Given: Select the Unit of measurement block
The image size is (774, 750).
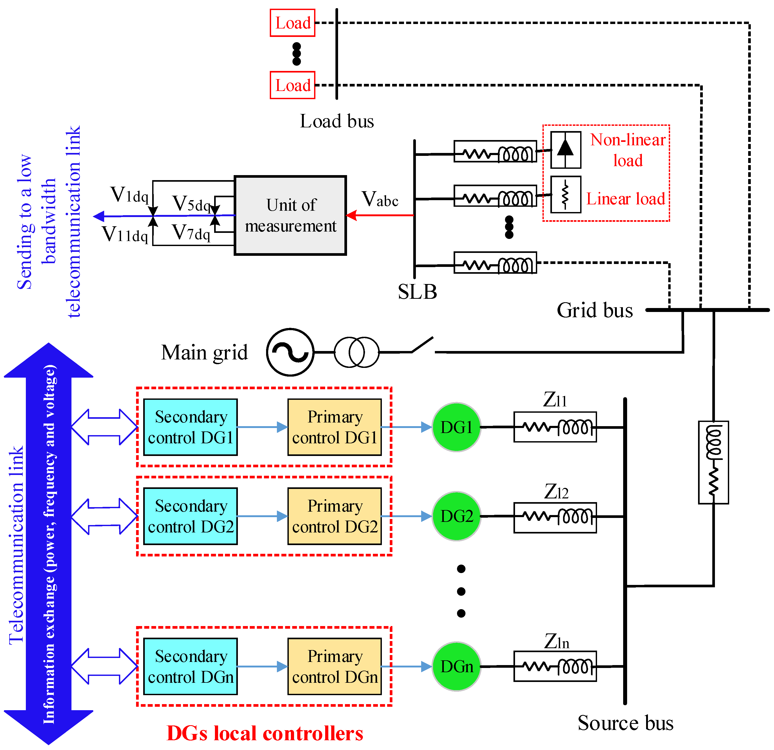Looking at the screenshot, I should (x=290, y=215).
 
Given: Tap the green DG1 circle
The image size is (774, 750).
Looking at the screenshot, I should (x=456, y=427).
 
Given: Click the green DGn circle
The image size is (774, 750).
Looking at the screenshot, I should (x=456, y=667).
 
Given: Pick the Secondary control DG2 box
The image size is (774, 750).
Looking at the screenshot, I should (x=190, y=516).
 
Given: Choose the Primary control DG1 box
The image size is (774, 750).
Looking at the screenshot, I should (x=334, y=427).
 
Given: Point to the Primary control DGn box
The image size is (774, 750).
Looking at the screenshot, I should (x=334, y=667).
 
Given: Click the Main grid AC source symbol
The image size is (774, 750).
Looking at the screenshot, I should (x=290, y=352).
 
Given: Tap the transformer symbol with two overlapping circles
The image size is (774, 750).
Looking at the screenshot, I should (x=357, y=352).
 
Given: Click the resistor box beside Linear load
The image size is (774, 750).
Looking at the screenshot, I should (x=565, y=195).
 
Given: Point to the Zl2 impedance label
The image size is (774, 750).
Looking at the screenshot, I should (x=556, y=492).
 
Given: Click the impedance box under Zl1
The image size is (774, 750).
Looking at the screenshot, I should (x=555, y=427).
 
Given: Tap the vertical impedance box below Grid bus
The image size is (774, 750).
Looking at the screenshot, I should (x=713, y=462).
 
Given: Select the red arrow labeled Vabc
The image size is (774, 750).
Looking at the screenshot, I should (x=380, y=215).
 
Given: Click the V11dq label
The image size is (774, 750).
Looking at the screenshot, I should (x=125, y=234).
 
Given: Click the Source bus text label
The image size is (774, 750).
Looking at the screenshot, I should (x=625, y=723).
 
